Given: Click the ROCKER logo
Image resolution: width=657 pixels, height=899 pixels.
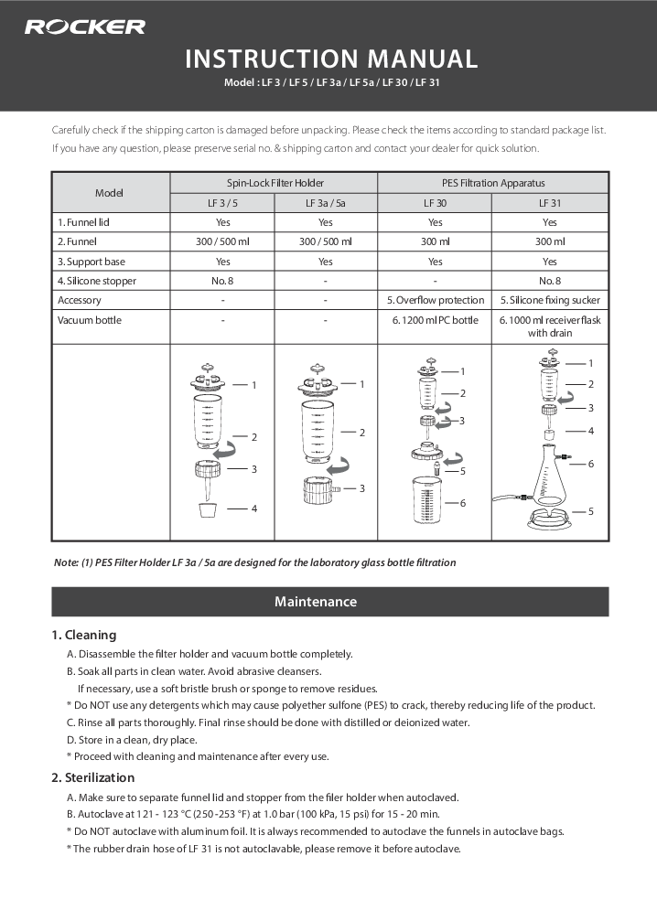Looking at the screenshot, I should pyautogui.click(x=84, y=27).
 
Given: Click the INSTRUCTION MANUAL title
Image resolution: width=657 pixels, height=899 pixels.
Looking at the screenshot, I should pyautogui.click(x=331, y=59).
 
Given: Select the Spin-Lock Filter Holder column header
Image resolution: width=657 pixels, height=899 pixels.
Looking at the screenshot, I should pyautogui.click(x=275, y=183).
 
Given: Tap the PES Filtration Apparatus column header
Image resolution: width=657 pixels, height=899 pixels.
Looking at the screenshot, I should pyautogui.click(x=493, y=183).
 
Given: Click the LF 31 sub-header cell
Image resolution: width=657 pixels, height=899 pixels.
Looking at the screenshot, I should pyautogui.click(x=549, y=203).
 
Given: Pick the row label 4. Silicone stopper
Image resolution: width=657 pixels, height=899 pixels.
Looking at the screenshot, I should pyautogui.click(x=96, y=281).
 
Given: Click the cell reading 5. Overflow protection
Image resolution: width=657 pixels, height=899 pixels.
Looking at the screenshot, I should pyautogui.click(x=435, y=300).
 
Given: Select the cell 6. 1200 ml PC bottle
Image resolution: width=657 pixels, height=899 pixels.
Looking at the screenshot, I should pyautogui.click(x=435, y=320).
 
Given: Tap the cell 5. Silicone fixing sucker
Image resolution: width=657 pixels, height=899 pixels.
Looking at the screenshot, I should pyautogui.click(x=549, y=300).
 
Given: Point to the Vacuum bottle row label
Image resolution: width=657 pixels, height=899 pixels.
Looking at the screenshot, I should pyautogui.click(x=90, y=320).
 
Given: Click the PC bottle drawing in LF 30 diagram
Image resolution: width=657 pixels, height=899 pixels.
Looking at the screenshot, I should pyautogui.click(x=425, y=503).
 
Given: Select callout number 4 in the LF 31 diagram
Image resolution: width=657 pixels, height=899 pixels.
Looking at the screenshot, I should pyautogui.click(x=590, y=430).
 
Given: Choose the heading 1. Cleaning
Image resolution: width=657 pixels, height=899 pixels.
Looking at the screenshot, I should pyautogui.click(x=84, y=635).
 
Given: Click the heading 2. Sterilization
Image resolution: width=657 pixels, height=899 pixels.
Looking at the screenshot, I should pyautogui.click(x=93, y=777).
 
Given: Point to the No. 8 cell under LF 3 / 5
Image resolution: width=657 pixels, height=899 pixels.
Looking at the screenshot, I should pyautogui.click(x=222, y=281).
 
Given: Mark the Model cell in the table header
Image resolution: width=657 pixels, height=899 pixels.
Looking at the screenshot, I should pyautogui.click(x=110, y=193).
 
